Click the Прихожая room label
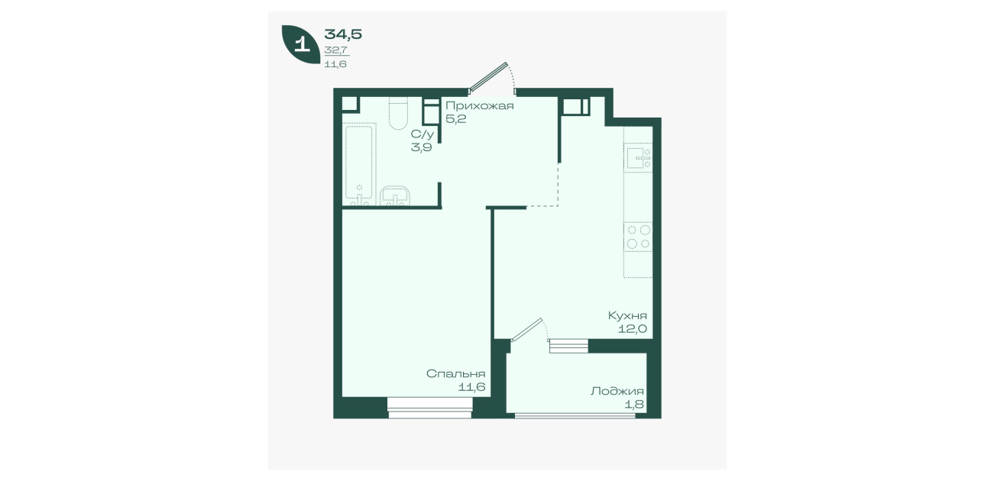coord(479,106)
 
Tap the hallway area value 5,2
coord(455,119)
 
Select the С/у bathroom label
coord(422,134)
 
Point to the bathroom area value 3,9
coord(421,147)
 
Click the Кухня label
coord(627,315)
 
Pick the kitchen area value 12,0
coord(633,329)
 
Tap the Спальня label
coord(455,373)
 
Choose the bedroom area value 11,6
coord(471,387)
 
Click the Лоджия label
coord(617,391)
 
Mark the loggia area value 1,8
coord(635,405)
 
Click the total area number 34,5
coord(343,34)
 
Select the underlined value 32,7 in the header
coord(336,50)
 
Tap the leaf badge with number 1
coord(301,44)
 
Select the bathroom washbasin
coord(395,196)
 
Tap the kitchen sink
coord(638,158)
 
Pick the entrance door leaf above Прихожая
coord(488,77)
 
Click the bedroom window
coord(430,408)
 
